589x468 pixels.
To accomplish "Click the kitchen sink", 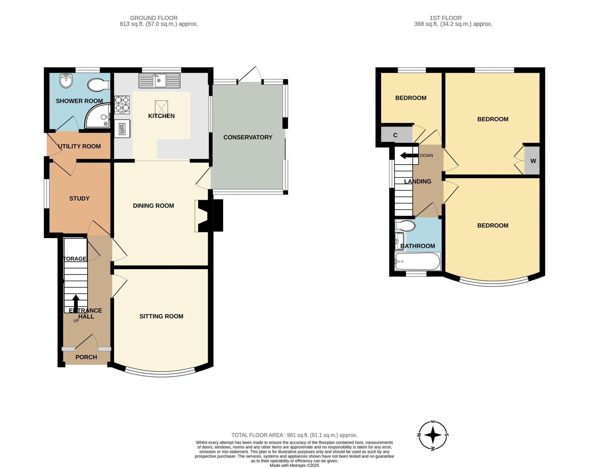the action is tap(159, 80).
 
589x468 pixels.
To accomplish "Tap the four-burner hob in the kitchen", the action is tap(122, 105).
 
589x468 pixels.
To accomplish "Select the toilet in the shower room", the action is tap(99, 85).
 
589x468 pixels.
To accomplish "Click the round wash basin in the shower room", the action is tap(66, 80).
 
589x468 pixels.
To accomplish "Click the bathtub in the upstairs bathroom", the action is tap(417, 261).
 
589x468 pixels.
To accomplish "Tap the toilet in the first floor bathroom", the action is tap(405, 226).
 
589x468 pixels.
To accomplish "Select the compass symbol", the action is tap(433, 435).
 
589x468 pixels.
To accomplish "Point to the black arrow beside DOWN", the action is tap(409, 156).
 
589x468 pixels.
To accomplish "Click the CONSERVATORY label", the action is tap(248, 137).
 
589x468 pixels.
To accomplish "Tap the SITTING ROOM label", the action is tap(161, 316).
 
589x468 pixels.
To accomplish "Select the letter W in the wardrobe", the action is tap(533, 161).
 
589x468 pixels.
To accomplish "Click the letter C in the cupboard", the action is tap(395, 135).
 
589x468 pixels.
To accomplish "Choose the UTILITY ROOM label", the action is tap(80, 146).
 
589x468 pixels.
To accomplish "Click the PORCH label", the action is tap(86, 357).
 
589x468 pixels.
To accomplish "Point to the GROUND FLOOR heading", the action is tap(154, 18).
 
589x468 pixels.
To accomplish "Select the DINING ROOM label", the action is tap(153, 206).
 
